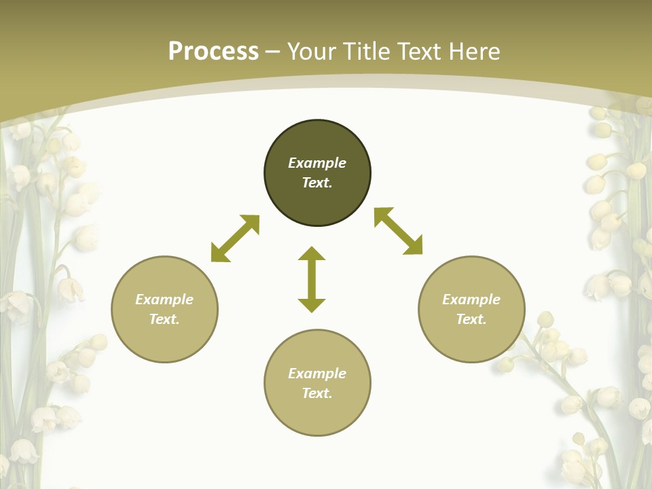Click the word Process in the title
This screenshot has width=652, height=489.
[x=213, y=52]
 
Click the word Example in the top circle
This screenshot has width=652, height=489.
[x=317, y=163]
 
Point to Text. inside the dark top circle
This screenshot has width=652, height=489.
[x=317, y=183]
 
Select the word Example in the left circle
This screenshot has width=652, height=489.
[x=164, y=300]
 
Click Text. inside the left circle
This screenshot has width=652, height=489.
[x=164, y=319]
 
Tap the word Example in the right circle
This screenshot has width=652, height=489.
[x=471, y=300]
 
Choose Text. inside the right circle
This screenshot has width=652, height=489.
[x=471, y=319]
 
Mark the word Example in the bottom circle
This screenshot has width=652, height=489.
[x=317, y=374]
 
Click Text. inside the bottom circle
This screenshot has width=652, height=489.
[x=317, y=393]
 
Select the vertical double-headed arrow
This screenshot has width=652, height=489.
[x=312, y=279]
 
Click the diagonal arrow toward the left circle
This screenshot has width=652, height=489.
[x=235, y=238]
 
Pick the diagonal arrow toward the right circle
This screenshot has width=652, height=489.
[x=399, y=231]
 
